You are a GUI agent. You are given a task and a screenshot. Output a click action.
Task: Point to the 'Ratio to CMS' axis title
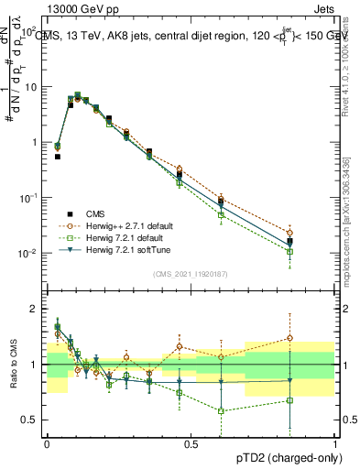click(x=13, y=365)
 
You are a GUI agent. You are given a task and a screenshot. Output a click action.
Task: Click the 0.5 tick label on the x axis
click(x=191, y=442)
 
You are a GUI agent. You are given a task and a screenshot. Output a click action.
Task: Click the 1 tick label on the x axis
click(x=335, y=442)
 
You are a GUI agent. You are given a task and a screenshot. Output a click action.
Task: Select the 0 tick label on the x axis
click(x=47, y=442)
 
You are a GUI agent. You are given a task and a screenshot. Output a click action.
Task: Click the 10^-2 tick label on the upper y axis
click(x=29, y=253)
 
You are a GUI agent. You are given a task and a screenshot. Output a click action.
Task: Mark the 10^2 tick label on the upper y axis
click(x=29, y=31)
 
